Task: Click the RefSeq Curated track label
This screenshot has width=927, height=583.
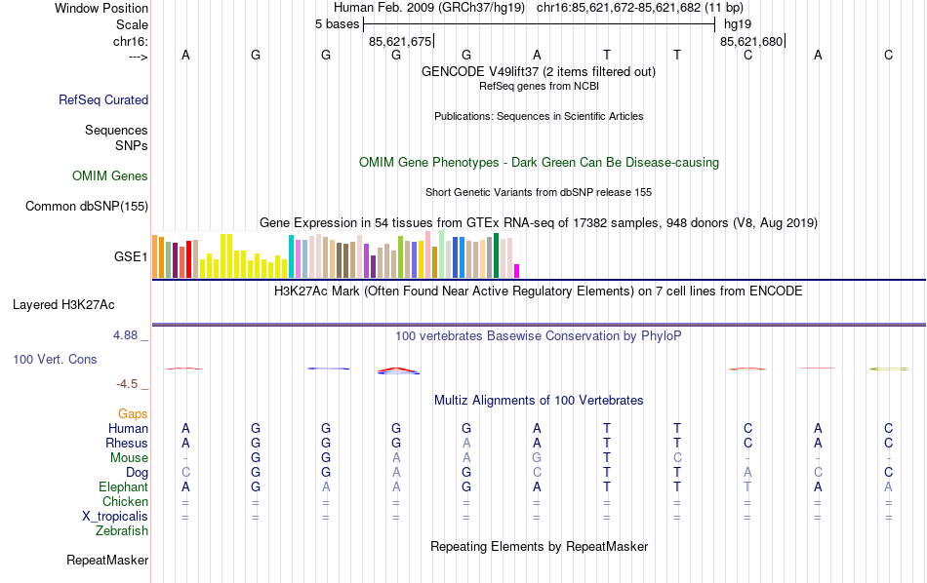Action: pos(103,99)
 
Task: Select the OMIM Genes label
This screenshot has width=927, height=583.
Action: pos(110,176)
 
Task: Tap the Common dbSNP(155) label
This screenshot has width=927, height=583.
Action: pos(87,206)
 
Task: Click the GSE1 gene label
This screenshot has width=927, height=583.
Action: pos(131,257)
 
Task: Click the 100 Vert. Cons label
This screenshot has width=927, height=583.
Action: pos(55,360)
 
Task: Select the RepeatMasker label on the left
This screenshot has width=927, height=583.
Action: pos(107,561)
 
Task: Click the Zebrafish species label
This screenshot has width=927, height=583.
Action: pos(122,531)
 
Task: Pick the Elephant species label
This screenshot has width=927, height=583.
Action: pos(123,487)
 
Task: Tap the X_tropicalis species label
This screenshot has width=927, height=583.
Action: pos(115,517)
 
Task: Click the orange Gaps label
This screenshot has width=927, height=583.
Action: pos(133,414)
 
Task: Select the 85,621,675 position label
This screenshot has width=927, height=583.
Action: pos(399,41)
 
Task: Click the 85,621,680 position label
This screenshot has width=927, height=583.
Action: pos(750,41)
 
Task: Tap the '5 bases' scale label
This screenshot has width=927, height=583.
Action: pos(337,24)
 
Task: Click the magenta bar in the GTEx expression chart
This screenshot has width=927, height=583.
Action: pos(517,271)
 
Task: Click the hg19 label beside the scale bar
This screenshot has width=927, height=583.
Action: pos(737,24)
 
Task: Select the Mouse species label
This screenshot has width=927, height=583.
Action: pos(130,458)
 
